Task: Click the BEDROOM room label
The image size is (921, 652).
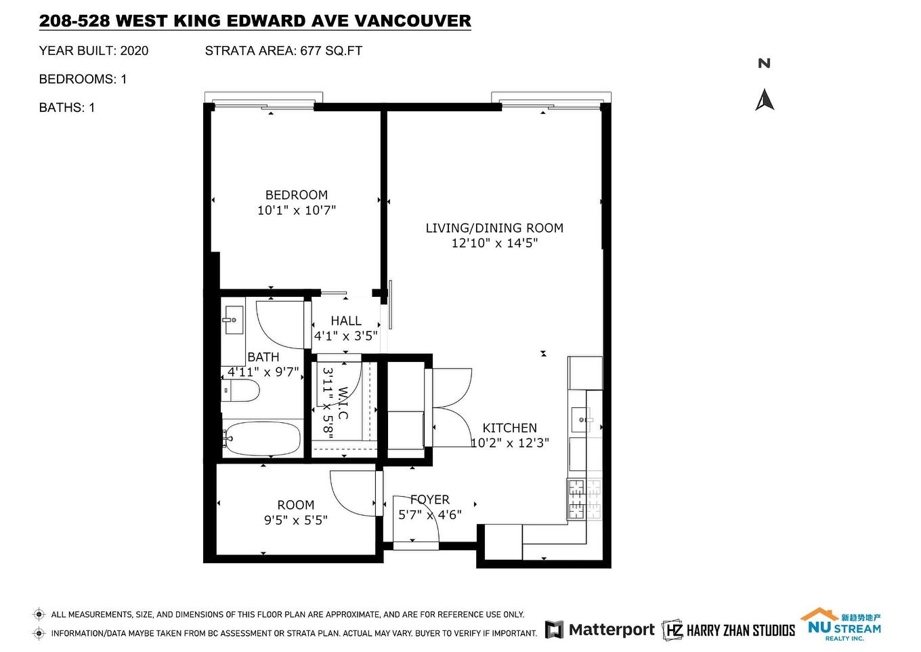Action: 296,195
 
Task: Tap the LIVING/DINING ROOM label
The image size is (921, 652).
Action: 494,228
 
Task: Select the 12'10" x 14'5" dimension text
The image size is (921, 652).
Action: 494,243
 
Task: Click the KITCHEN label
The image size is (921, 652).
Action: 509,428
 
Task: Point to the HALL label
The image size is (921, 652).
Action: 346,321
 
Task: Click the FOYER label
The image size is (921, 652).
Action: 429,500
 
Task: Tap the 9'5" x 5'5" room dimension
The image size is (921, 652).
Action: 296,521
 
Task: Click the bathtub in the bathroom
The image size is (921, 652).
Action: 262,439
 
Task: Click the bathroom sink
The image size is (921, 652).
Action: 233,321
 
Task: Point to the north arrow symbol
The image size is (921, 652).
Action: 765,100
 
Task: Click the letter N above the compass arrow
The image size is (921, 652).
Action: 765,64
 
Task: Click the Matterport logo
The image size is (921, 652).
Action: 600,630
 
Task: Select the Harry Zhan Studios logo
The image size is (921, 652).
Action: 729,630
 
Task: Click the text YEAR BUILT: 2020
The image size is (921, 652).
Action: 93,51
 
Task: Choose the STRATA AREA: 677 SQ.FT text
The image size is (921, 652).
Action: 283,51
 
